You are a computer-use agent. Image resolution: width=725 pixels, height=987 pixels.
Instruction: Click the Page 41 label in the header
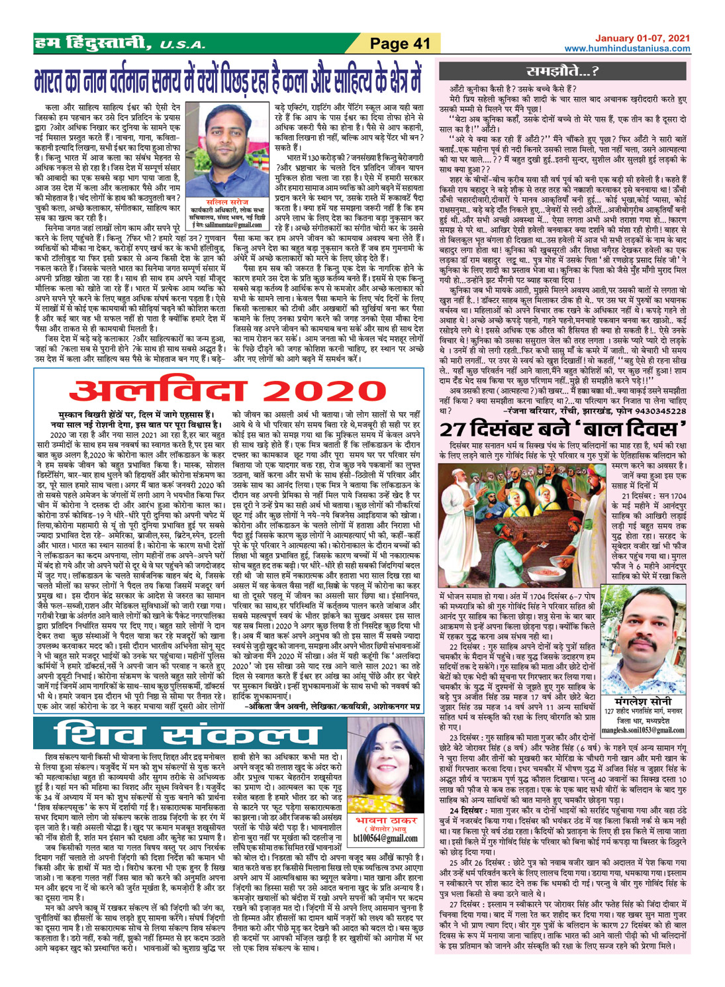click(x=400, y=44)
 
